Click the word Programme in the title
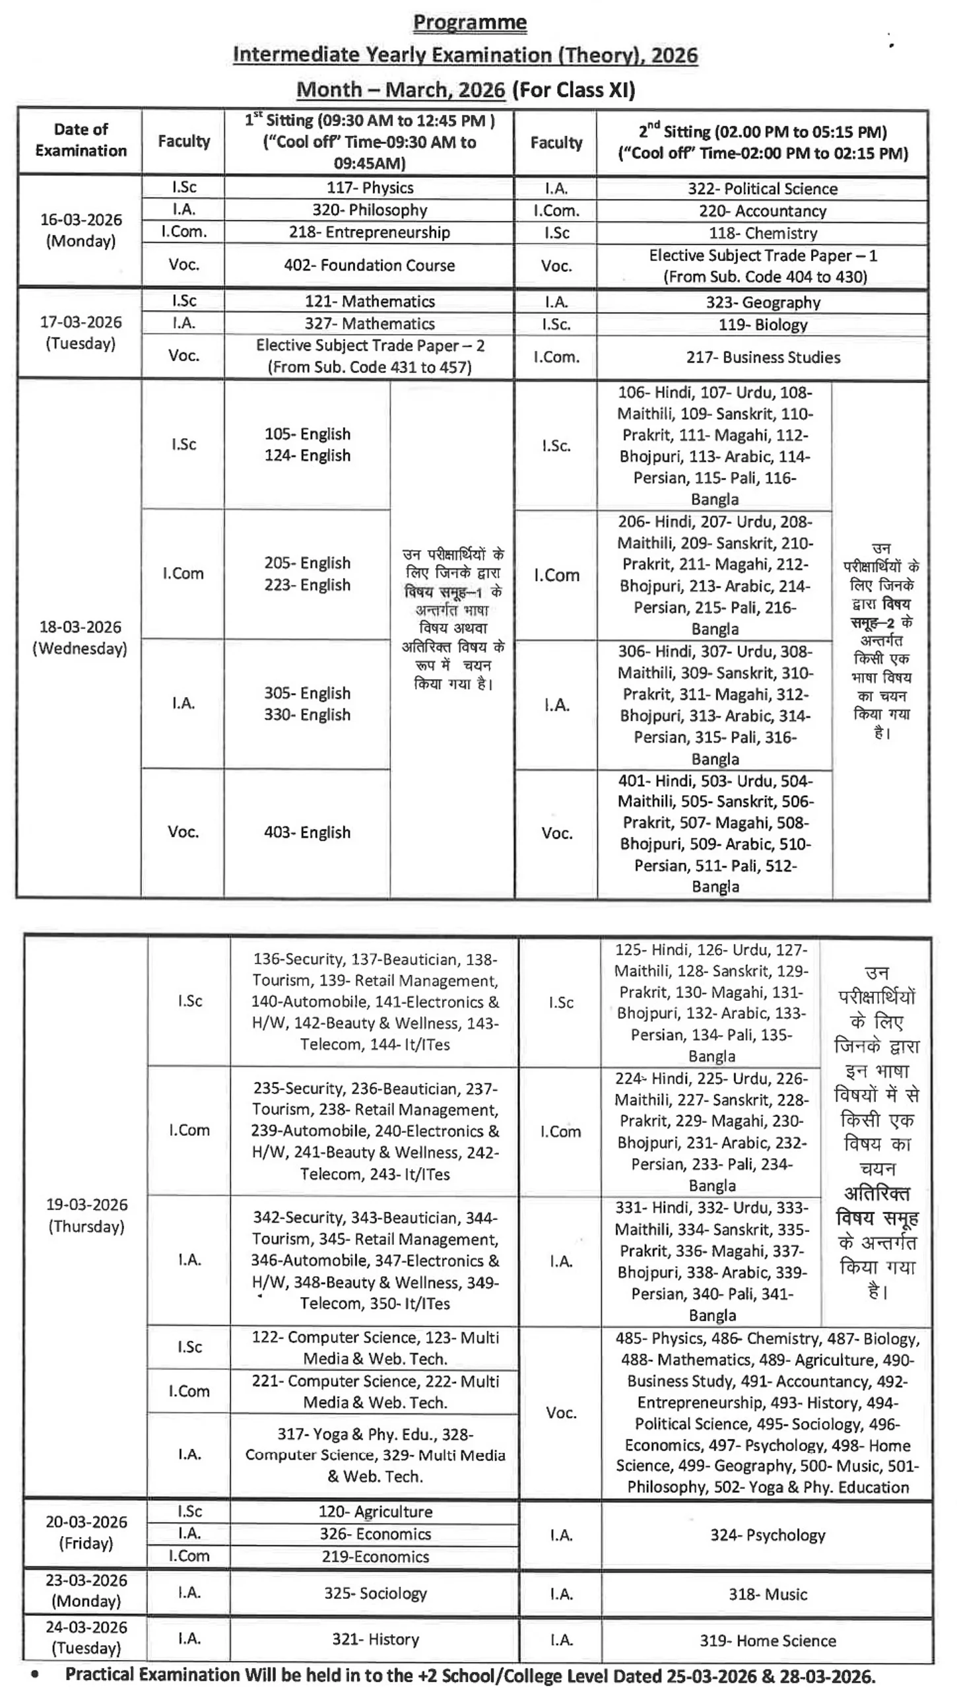tap(469, 22)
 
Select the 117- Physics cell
tap(370, 187)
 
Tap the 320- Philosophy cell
tap(370, 210)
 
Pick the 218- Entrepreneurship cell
tap(370, 232)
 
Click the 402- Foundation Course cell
tap(370, 265)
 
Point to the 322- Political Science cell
tap(762, 189)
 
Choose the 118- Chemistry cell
tap(762, 233)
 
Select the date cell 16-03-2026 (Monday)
tap(81, 230)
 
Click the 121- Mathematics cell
tap(370, 301)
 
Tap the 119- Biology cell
tap(762, 325)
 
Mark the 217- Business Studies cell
tap(762, 357)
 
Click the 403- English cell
tap(307, 832)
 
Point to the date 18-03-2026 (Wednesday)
tap(80, 637)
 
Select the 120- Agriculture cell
tap(375, 1512)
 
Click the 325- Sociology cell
tap(375, 1593)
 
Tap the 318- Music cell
tap(767, 1594)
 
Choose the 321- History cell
tap(375, 1639)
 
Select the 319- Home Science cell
tap(767, 1640)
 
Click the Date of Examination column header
tap(81, 140)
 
